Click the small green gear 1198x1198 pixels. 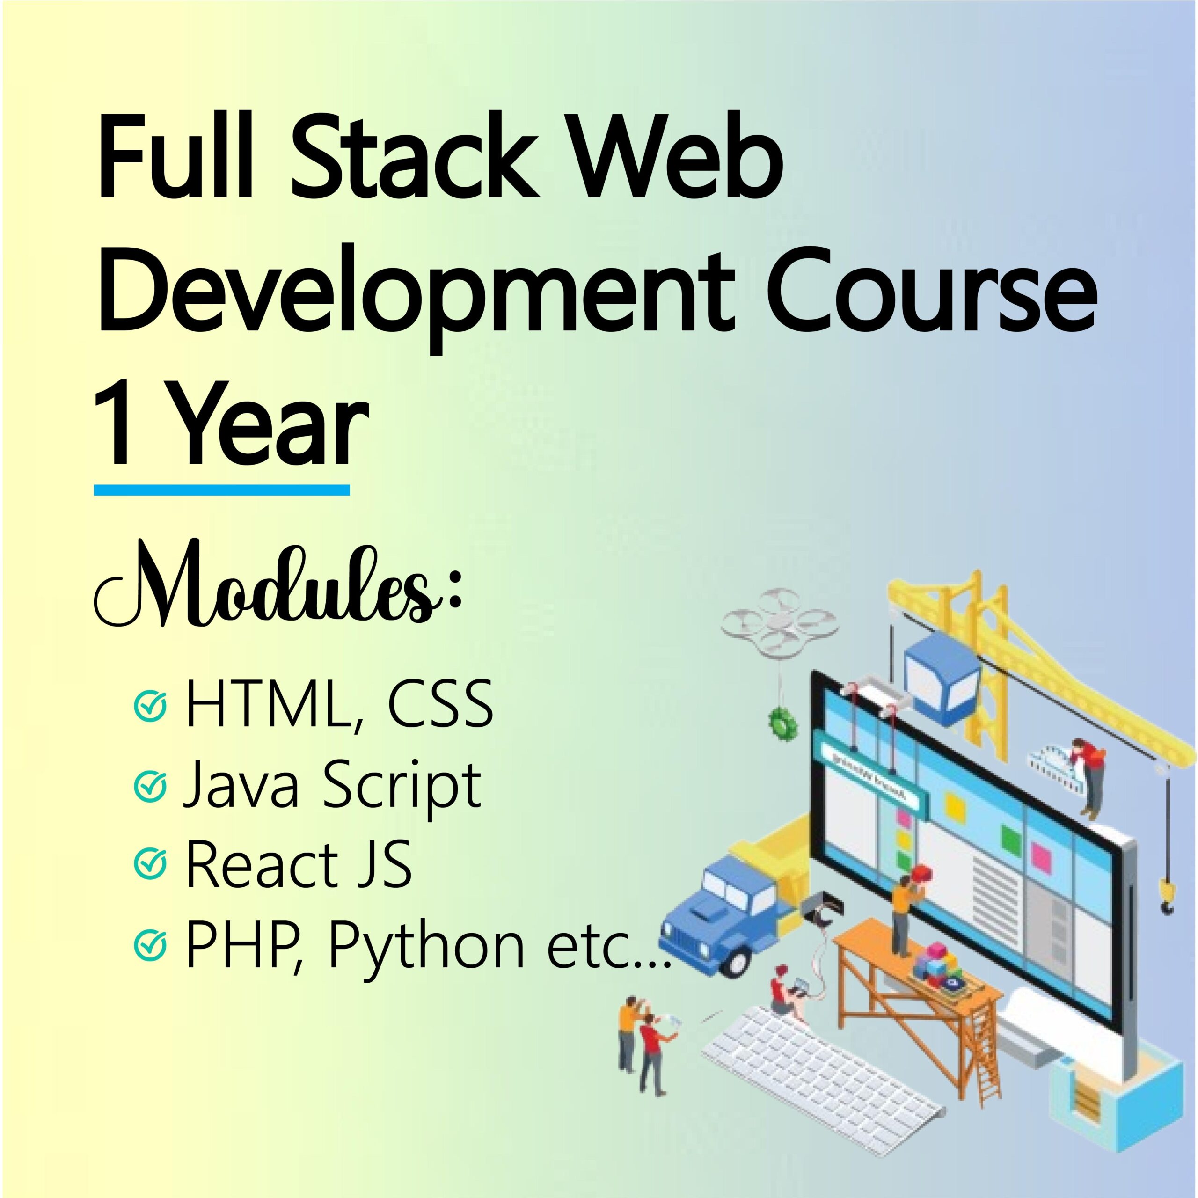[782, 721]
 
